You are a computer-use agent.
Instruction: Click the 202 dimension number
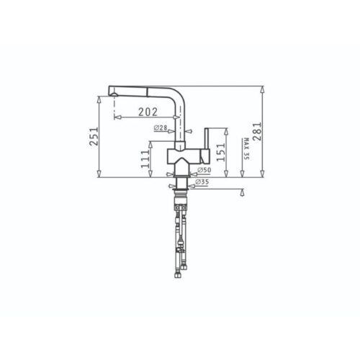pos(147,112)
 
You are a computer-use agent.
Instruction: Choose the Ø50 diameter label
pos(204,170)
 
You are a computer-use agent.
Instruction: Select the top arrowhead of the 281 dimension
pos(263,90)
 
